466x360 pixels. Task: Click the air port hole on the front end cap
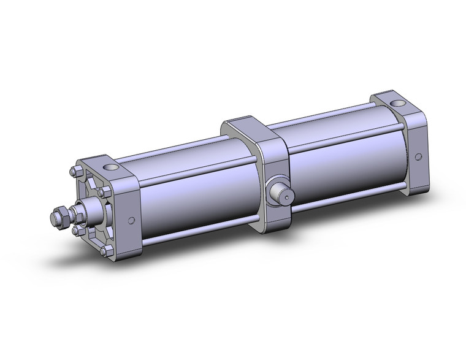pos(111,167)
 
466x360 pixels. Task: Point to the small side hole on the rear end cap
pos(418,156)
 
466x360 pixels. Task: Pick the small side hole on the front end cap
pos(131,221)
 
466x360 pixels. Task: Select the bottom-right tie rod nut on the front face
pos(109,250)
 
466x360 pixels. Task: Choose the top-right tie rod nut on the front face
pos(105,192)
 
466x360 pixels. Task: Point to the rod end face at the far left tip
pos(53,218)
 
